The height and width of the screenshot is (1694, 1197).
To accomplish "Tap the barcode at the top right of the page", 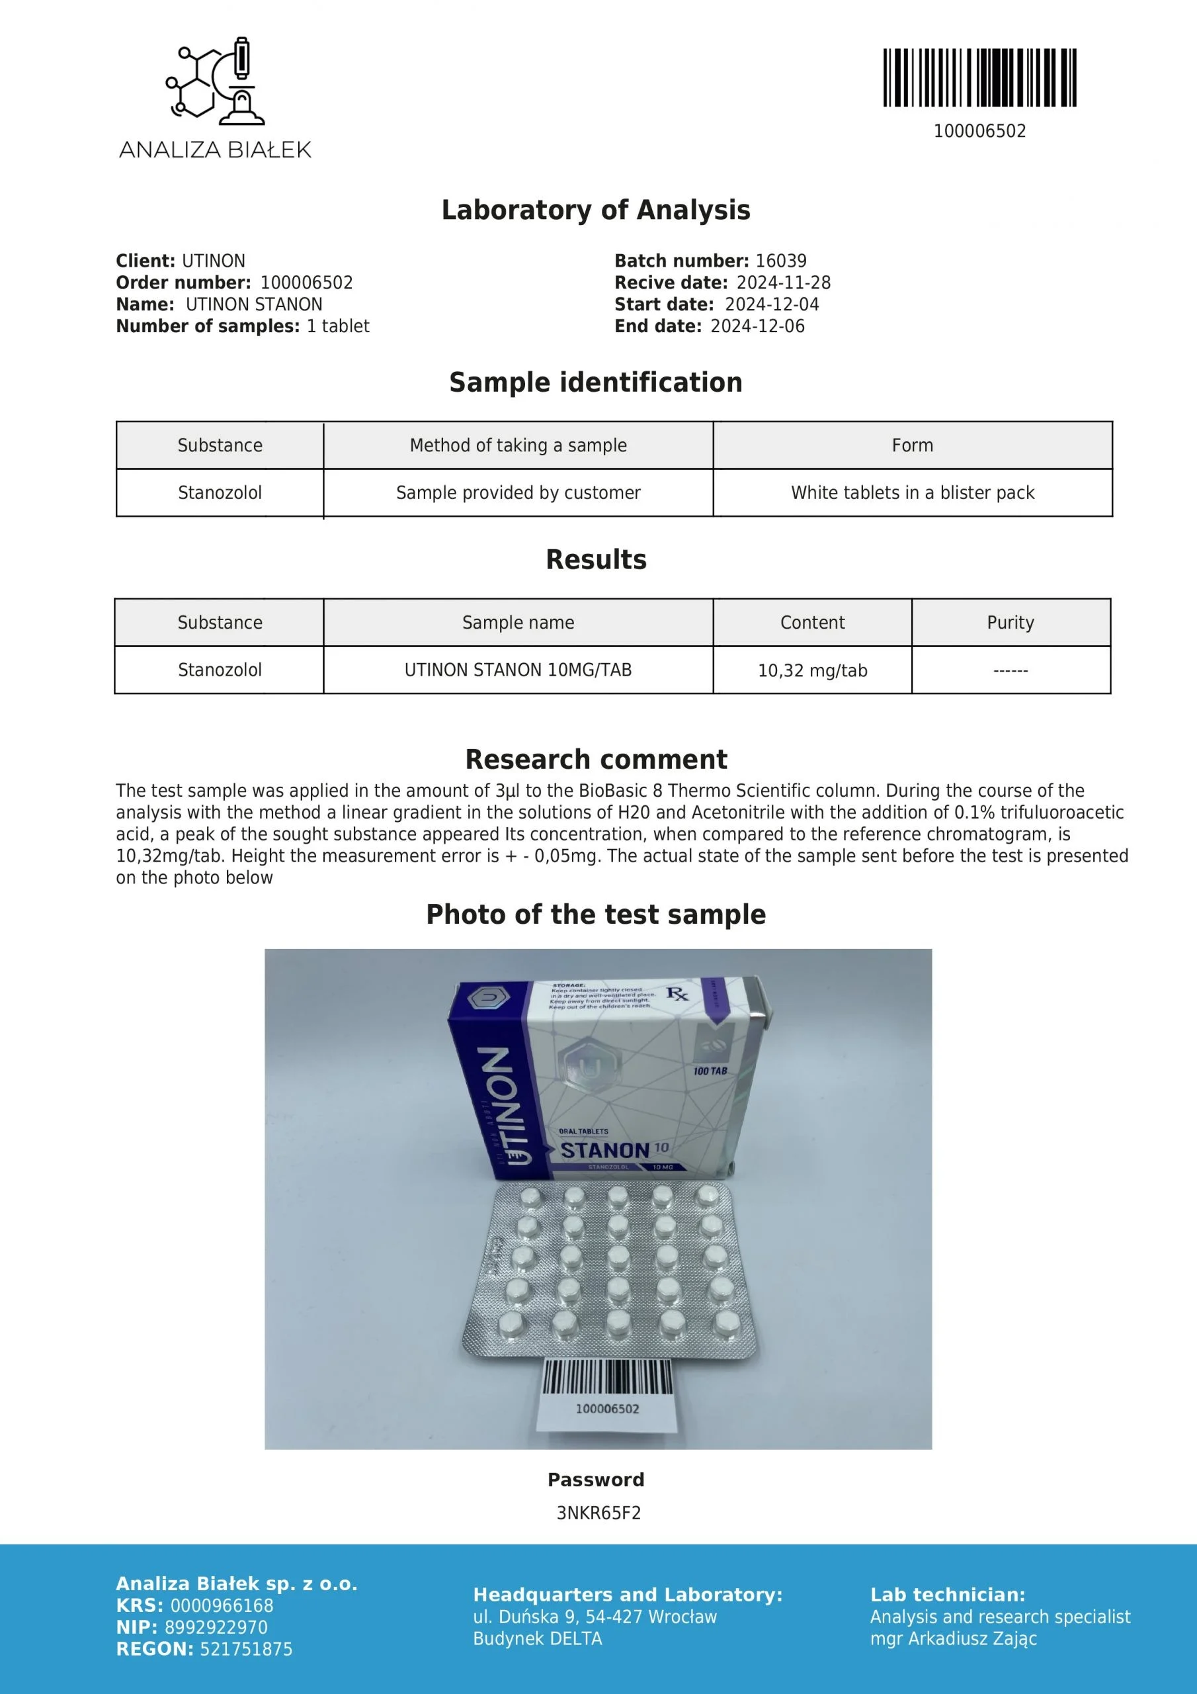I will click(979, 77).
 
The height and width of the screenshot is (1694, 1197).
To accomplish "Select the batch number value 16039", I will click(781, 261).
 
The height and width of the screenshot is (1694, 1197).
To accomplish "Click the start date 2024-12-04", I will click(772, 304).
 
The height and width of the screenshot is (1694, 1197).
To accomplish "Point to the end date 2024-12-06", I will click(757, 326).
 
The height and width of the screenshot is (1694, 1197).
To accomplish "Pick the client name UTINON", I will click(213, 261).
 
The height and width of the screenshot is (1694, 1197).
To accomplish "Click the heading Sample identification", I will click(596, 382).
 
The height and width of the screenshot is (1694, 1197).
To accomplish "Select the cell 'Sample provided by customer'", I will click(518, 493).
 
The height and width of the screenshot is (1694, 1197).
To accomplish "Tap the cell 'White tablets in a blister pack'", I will click(913, 493).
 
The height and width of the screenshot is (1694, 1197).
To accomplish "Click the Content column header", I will click(812, 623).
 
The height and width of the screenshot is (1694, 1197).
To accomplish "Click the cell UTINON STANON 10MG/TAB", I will click(518, 670).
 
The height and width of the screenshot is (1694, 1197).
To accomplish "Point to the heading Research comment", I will click(596, 759).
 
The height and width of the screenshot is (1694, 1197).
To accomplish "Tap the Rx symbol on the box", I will click(677, 995).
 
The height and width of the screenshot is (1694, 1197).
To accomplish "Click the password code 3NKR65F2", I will click(598, 1513).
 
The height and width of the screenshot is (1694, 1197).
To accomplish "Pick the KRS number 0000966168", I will click(222, 1605).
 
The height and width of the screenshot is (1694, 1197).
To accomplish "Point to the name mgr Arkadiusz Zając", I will click(953, 1638).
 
